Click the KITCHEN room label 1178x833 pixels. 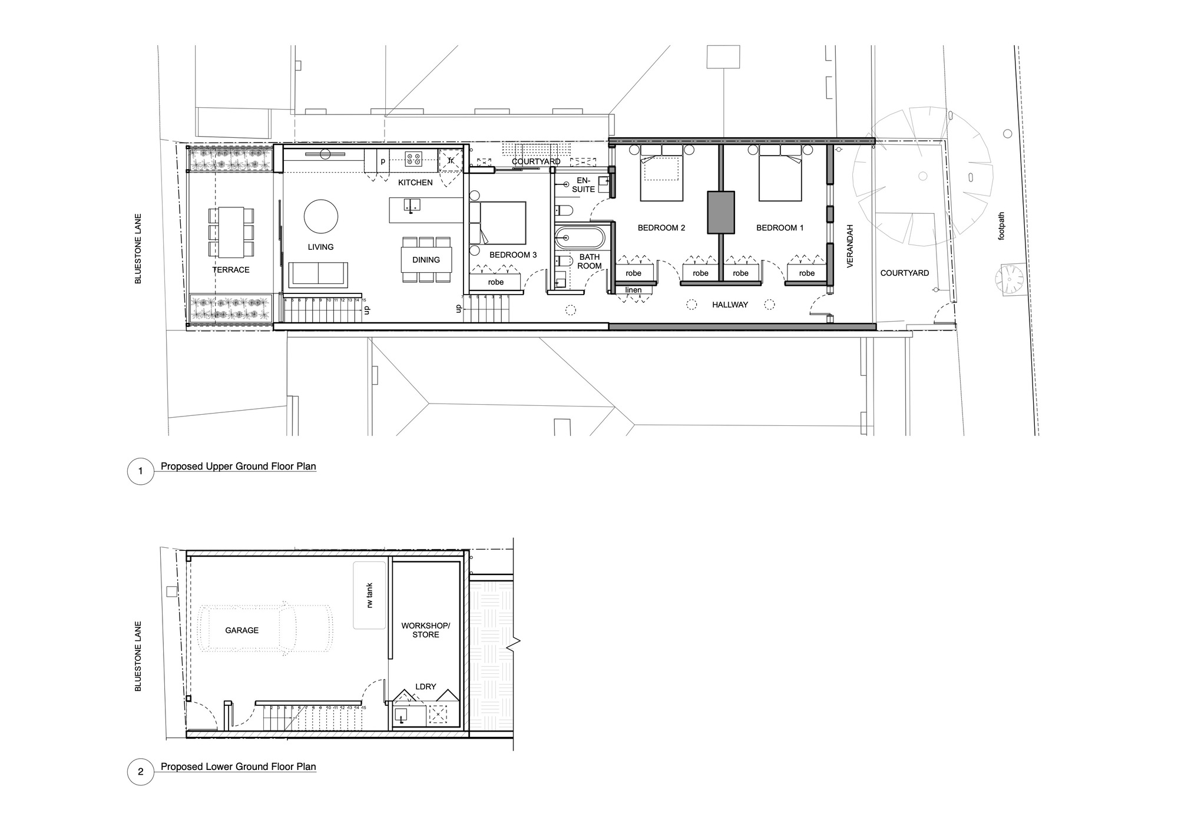click(x=415, y=183)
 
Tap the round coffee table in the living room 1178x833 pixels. click(x=321, y=216)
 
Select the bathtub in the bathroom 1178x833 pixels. click(x=580, y=238)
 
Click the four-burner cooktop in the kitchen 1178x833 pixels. click(x=413, y=158)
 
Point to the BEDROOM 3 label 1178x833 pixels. click(x=513, y=255)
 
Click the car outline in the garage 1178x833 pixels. click(x=266, y=630)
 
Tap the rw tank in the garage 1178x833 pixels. click(x=369, y=596)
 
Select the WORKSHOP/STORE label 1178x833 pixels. click(x=425, y=630)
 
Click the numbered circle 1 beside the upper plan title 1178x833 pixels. click(x=140, y=471)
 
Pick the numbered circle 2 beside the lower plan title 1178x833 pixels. click(x=140, y=772)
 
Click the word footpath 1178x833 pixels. click(x=1001, y=226)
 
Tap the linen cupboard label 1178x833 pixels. click(x=633, y=290)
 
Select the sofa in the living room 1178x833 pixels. click(x=318, y=274)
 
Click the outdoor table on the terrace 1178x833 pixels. click(x=231, y=232)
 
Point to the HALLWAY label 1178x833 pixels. click(x=730, y=305)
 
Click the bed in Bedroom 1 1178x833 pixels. click(x=780, y=173)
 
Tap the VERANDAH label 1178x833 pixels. click(x=850, y=246)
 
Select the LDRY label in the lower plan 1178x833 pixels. click(x=425, y=686)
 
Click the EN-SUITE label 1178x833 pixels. click(x=583, y=185)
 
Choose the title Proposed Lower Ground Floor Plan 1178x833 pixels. click(x=238, y=766)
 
